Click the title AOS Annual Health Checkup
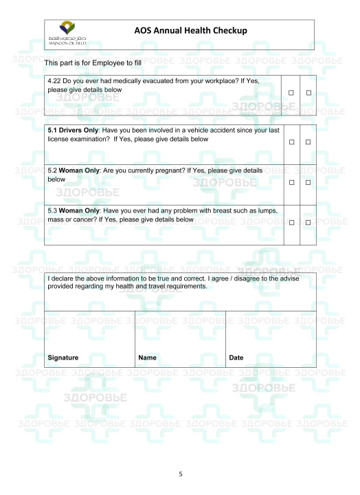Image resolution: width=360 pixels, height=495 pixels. (190, 31)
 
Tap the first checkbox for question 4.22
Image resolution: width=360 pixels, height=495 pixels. (291, 92)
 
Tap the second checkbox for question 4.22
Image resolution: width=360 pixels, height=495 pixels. (308, 92)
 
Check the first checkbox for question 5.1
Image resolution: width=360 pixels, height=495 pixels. (291, 142)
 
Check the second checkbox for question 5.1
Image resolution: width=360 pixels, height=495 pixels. (308, 142)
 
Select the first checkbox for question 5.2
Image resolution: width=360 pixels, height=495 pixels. (291, 182)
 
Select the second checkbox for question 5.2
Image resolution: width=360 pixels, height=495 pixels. (308, 182)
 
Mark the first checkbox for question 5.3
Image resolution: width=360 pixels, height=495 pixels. (291, 223)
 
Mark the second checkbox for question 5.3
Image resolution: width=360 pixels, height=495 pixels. (308, 223)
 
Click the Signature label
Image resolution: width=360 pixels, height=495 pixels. (63, 357)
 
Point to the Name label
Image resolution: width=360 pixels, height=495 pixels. (148, 357)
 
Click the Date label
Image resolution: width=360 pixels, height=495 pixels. (236, 357)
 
